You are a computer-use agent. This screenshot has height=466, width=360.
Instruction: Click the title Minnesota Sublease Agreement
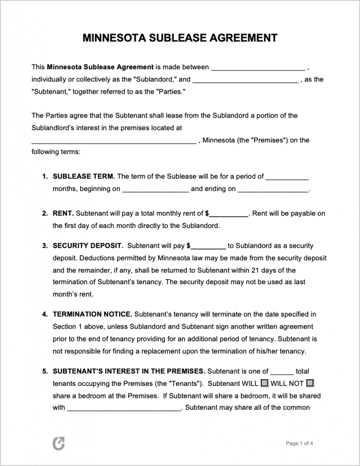[180, 38]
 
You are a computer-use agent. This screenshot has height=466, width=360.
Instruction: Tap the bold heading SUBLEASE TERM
[84, 177]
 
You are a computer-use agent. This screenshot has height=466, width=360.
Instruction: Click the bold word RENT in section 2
[63, 214]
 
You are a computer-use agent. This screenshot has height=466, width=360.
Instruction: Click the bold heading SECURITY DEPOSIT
[88, 245]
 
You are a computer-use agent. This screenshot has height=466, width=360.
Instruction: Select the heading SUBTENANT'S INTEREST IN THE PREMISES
[129, 371]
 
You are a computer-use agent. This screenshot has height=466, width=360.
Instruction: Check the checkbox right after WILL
[264, 383]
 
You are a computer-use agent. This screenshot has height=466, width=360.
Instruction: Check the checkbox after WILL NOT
[310, 383]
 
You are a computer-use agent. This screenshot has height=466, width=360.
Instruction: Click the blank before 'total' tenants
[282, 372]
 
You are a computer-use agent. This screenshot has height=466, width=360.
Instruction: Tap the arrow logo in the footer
[59, 443]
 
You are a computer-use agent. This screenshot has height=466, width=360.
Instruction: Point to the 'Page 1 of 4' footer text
[300, 443]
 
